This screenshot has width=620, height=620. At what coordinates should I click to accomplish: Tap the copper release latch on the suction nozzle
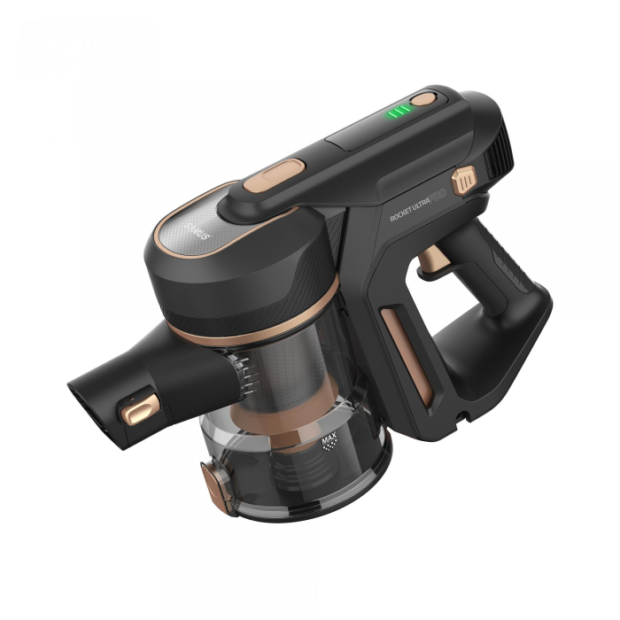point(140,408)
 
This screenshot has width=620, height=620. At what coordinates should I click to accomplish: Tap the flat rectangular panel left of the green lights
point(354,134)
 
